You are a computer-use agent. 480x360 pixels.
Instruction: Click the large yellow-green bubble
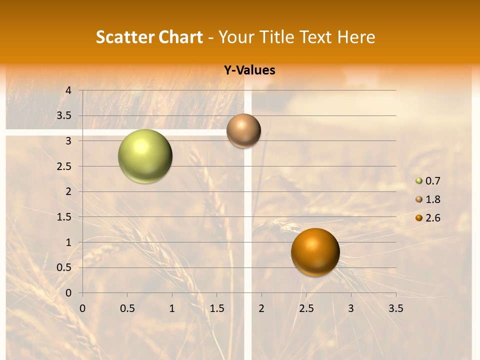click(x=145, y=156)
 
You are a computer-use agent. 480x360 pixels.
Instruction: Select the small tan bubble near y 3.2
click(x=243, y=130)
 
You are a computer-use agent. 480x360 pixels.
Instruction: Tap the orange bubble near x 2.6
click(x=315, y=252)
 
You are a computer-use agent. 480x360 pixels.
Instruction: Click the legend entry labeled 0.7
click(x=432, y=181)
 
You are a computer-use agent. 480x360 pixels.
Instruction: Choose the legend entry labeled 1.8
click(x=432, y=199)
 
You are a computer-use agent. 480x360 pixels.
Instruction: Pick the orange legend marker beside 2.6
click(x=419, y=218)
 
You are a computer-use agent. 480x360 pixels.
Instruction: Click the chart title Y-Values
click(x=249, y=70)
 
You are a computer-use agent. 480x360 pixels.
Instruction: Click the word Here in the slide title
click(x=355, y=37)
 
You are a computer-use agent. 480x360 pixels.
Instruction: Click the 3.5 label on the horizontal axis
click(x=395, y=308)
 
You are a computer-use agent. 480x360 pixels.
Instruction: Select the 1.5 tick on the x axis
click(x=216, y=308)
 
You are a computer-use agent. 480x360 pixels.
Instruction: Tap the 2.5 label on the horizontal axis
click(x=306, y=308)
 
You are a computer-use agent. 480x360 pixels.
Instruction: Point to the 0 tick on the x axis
click(x=82, y=308)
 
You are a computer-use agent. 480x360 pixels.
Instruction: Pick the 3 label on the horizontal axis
click(x=351, y=308)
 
